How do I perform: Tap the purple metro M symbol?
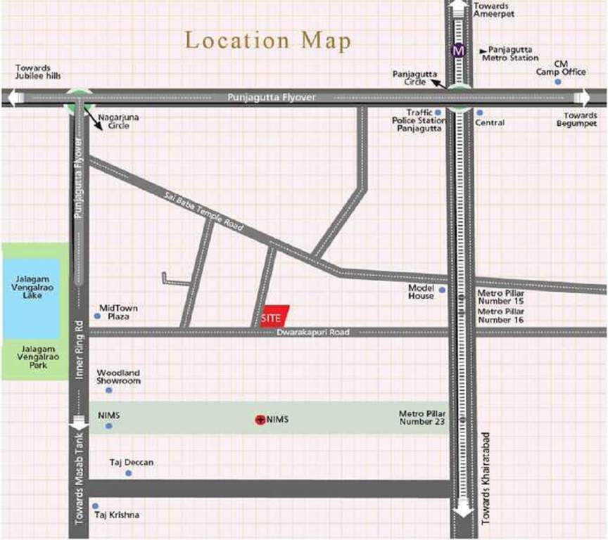point(460,51)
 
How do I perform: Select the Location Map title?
point(267,40)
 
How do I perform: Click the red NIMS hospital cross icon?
point(259,420)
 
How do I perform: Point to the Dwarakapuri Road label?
point(312,332)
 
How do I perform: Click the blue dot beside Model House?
point(442,290)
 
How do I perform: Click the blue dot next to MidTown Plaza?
point(97,316)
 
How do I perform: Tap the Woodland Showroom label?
point(118,376)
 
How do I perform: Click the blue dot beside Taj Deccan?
point(128,473)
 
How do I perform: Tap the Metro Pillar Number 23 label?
point(422,418)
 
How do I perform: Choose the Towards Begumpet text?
point(580,120)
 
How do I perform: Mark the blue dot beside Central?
point(480,112)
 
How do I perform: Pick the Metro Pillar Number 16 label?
point(500,315)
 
